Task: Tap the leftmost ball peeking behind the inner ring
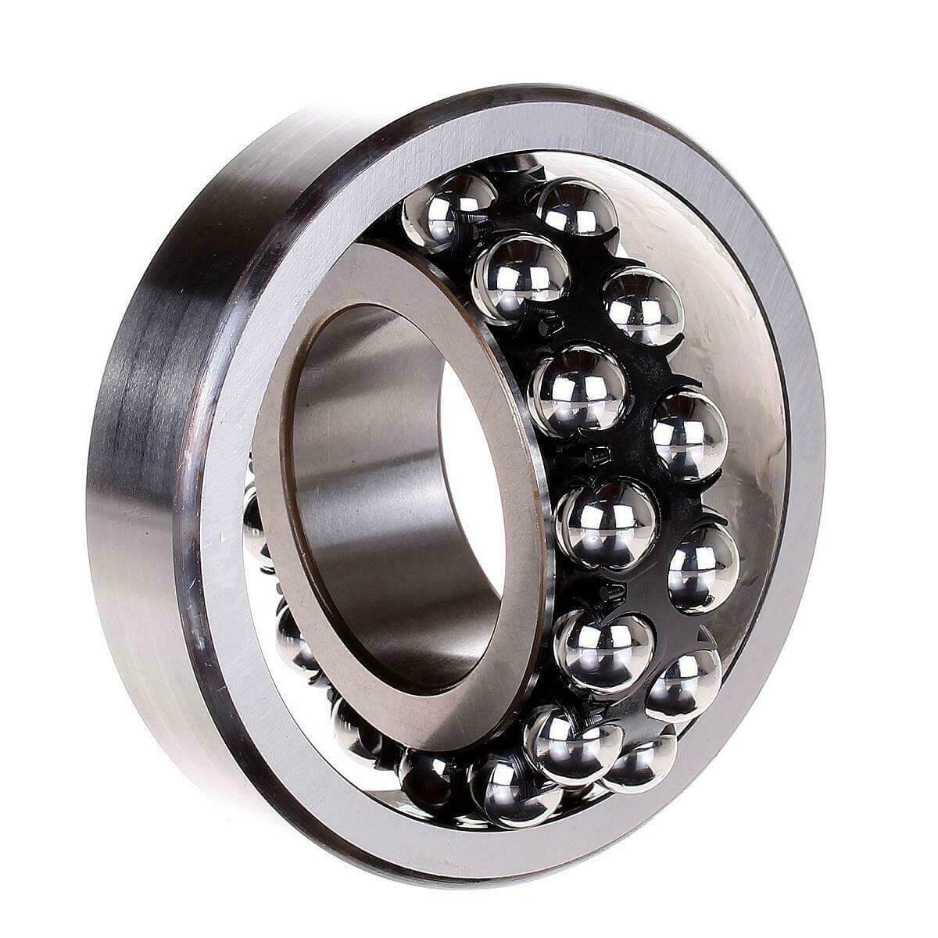(x=254, y=516)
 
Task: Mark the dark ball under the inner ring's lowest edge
(x=427, y=774)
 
